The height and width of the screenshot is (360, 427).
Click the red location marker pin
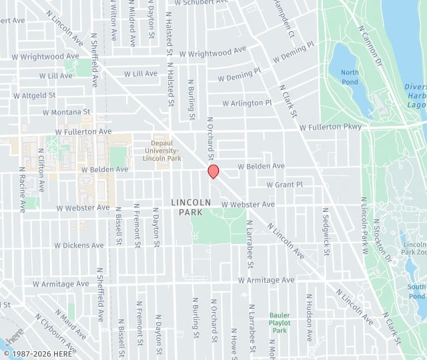(x=213, y=171)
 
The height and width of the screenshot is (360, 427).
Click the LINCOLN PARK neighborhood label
(x=191, y=207)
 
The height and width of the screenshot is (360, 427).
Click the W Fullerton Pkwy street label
(x=330, y=127)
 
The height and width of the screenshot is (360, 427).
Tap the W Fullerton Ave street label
(x=83, y=132)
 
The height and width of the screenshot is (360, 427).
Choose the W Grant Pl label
(x=284, y=184)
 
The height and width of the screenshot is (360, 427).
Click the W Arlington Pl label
(x=247, y=103)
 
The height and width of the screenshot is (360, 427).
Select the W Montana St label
(x=66, y=112)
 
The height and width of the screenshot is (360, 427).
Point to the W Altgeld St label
(x=29, y=95)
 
